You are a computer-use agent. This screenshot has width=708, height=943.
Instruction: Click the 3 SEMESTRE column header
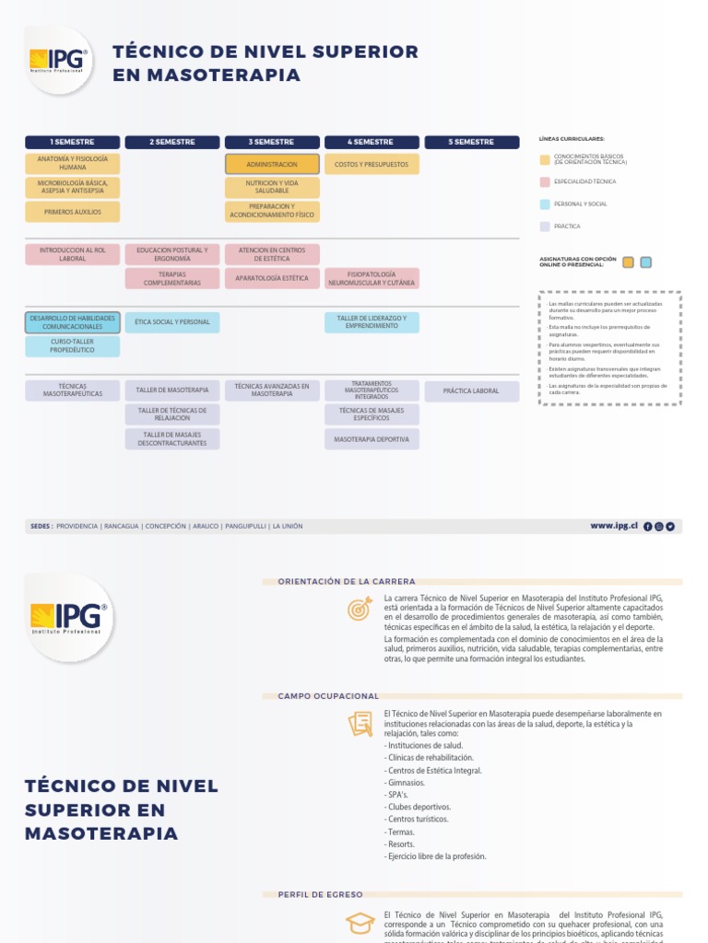point(271,142)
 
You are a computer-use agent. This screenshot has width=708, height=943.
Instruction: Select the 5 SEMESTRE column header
point(471,142)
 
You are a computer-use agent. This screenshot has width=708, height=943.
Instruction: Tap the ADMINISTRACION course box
point(272,164)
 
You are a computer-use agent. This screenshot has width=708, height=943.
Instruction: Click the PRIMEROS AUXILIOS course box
point(73,212)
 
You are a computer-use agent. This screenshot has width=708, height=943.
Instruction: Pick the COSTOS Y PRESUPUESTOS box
point(372,164)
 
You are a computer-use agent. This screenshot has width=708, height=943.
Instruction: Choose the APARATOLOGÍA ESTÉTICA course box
point(272,277)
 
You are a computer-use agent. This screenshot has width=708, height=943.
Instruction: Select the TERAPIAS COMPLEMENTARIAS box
point(172,278)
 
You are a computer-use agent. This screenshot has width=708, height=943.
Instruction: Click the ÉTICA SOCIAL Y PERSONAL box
point(172,322)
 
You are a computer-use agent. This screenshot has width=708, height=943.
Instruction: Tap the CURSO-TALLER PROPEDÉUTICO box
point(73,346)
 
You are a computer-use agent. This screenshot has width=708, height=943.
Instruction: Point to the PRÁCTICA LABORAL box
point(471,391)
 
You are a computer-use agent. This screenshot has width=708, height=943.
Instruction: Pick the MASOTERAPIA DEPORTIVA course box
point(372,439)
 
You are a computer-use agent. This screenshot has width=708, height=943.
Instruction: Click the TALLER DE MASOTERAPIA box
point(172,390)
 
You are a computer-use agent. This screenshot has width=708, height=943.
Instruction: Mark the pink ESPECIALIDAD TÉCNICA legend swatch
point(545,181)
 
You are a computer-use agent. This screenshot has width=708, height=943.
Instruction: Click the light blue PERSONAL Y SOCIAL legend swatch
point(545,204)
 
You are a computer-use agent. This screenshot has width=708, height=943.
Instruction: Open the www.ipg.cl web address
point(614,526)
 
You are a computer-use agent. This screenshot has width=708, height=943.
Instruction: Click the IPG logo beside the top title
point(59,61)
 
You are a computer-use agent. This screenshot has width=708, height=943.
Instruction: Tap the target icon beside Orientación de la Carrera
point(360,609)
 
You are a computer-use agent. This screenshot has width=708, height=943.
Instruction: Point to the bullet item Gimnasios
point(407,783)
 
